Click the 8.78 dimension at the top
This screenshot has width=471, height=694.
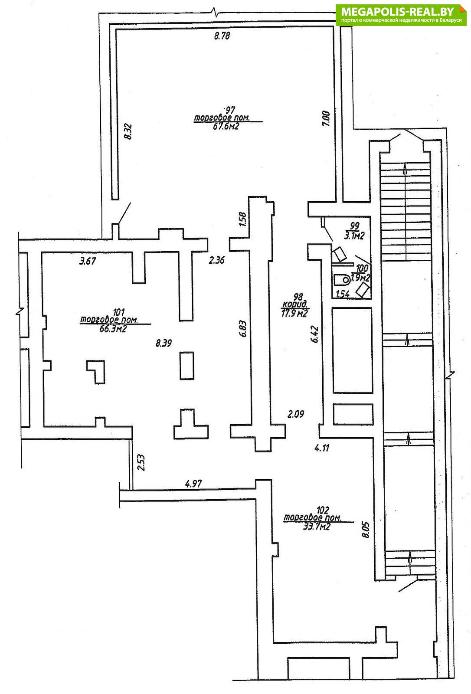pos(222,36)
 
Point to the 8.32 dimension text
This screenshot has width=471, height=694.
pos(129,132)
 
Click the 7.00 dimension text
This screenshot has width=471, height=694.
pos(326,119)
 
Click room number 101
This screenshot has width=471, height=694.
pos(119,312)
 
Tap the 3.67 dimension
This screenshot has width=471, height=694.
pos(88,261)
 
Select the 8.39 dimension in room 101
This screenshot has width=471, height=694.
pos(164,343)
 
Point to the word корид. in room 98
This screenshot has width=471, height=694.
pos(294,304)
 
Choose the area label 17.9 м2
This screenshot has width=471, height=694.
pos(294,314)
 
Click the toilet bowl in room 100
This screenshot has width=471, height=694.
pos(342,280)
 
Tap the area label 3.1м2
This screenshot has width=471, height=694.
pos(354,236)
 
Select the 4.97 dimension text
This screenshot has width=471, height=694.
pos(193,484)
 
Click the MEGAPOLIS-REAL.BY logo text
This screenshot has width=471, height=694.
pos(398,12)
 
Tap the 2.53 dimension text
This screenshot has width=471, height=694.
pos(141,462)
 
